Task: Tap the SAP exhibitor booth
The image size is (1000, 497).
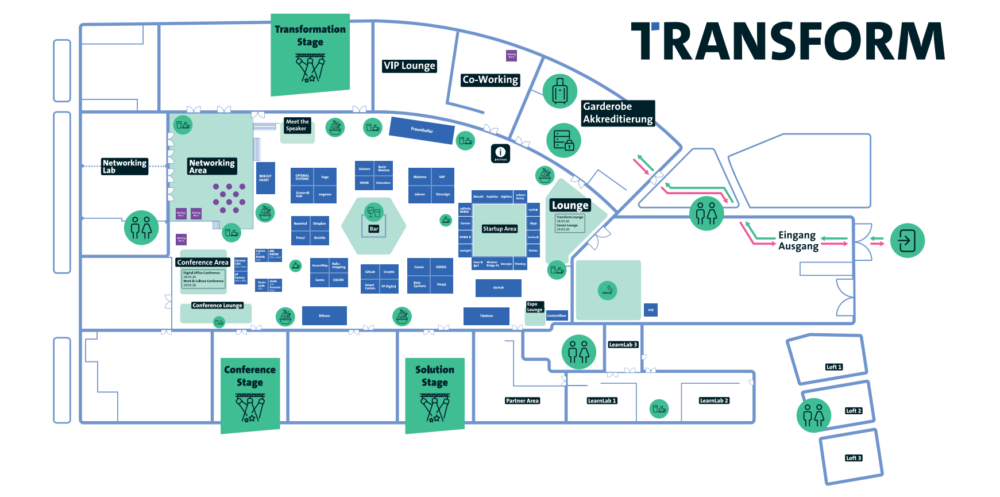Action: point(442,177)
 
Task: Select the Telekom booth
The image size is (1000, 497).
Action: point(487,315)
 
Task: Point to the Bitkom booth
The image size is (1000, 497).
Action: point(325,315)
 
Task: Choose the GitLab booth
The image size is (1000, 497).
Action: point(370,272)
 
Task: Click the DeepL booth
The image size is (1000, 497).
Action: point(442,284)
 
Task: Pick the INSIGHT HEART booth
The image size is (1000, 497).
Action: point(265,178)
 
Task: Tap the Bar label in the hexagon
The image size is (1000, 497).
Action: point(374,229)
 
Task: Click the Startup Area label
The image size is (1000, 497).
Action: point(500,229)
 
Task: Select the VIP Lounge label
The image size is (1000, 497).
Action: point(410,66)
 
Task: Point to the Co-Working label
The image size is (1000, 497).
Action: point(491,80)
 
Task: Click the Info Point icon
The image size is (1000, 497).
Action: point(500,153)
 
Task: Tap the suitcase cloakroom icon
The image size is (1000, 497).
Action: point(560,91)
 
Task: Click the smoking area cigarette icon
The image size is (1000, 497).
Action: point(608,291)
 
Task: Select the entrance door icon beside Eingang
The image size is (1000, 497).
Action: point(907,241)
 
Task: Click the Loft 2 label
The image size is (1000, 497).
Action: point(854,411)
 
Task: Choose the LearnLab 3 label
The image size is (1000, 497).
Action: point(623,345)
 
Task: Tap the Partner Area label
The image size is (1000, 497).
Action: point(522,401)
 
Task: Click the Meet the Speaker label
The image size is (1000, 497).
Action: point(297,125)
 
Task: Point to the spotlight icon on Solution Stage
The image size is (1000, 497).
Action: point(435,408)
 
